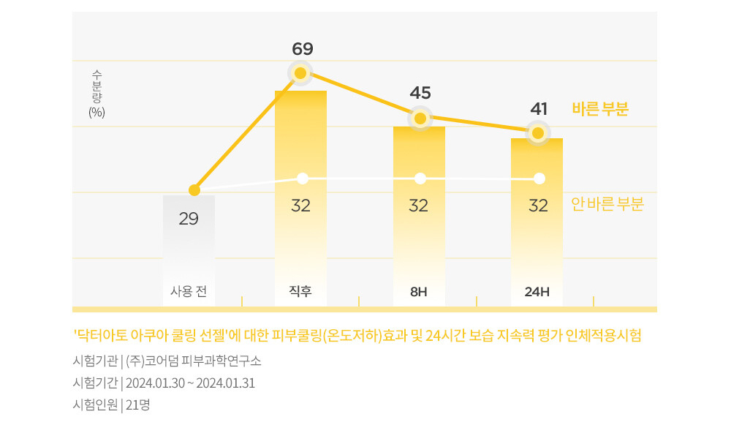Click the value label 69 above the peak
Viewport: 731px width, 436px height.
pos(302,49)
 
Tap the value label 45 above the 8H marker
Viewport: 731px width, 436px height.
pos(420,93)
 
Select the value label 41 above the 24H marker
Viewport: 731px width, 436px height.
pos(539,109)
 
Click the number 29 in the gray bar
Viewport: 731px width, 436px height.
pos(189,218)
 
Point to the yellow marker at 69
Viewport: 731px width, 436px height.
pos(300,73)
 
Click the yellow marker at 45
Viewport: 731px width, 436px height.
pos(420,118)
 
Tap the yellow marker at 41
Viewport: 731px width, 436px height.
pos(538,133)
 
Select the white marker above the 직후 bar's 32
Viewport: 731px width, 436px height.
pos(303,178)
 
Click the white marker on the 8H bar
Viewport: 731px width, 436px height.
pos(420,178)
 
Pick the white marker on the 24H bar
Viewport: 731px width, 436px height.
pos(539,178)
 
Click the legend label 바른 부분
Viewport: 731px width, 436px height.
pos(599,109)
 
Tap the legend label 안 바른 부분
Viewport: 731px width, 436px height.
pos(607,205)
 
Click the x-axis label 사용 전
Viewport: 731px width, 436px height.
pos(189,291)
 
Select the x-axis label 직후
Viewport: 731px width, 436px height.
pos(300,291)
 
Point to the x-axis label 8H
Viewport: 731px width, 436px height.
pos(418,292)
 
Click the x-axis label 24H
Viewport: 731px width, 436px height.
pos(537,292)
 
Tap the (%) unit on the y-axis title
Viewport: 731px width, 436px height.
pos(96,112)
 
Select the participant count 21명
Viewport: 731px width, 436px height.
pos(137,405)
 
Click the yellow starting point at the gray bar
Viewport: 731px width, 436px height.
pos(194,190)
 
